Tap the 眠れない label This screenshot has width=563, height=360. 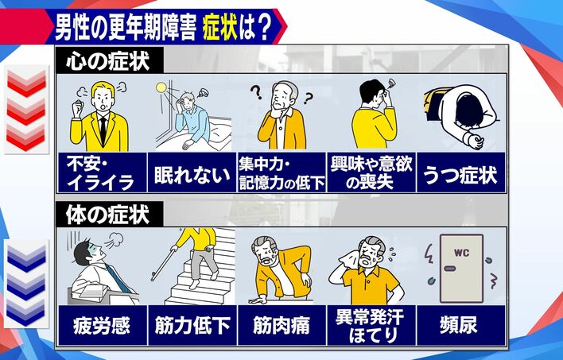click(192, 175)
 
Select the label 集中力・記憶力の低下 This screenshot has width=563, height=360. click(281, 173)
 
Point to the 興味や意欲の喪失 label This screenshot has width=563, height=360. click(371, 173)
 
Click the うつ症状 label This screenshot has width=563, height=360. click(460, 175)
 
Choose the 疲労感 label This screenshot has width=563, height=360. click(102, 327)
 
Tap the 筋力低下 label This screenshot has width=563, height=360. click(192, 327)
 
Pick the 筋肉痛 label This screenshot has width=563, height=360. click(281, 327)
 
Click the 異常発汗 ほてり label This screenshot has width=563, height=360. click(371, 327)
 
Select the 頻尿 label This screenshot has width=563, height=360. click(459, 327)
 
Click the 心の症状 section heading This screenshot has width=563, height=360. click(108, 61)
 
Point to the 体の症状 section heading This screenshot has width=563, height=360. click(107, 215)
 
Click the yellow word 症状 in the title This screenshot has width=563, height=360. click(220, 29)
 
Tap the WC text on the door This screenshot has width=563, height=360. click(461, 253)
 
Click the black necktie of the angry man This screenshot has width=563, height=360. click(103, 130)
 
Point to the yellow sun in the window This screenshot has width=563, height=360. click(161, 87)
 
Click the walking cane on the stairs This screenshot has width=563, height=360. click(163, 262)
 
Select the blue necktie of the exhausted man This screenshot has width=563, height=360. click(119, 279)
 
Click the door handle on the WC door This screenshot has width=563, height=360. click(450, 268)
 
